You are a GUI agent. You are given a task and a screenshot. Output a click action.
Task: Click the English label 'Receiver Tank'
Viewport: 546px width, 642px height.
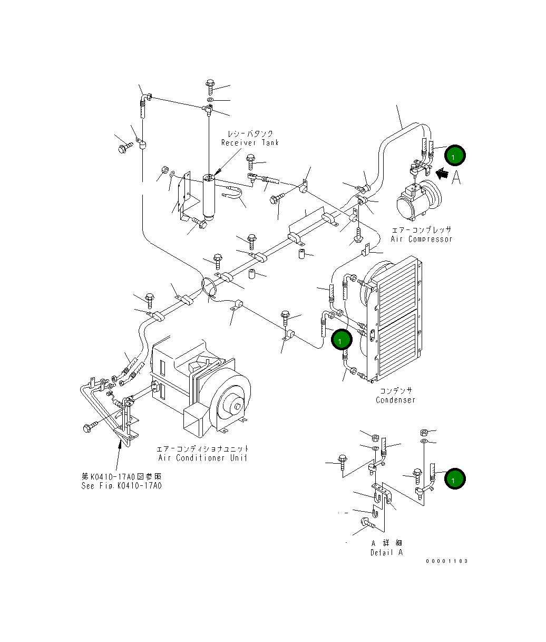click(250, 143)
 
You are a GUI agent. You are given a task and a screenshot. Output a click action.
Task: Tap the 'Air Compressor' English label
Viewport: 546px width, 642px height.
click(421, 239)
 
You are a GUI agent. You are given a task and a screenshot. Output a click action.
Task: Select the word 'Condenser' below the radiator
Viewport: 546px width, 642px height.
click(395, 400)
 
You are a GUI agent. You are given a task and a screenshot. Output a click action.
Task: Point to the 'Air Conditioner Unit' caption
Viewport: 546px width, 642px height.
click(203, 458)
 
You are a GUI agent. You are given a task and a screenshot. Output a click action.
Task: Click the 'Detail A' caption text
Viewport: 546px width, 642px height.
click(386, 552)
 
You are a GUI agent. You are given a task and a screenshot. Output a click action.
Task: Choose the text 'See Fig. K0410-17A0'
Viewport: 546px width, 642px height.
click(121, 486)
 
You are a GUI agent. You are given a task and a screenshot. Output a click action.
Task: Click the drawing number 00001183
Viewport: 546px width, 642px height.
click(447, 561)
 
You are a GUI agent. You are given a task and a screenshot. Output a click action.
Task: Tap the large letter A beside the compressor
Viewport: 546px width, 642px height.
click(456, 177)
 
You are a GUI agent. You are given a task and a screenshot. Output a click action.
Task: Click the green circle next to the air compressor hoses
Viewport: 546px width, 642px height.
click(455, 155)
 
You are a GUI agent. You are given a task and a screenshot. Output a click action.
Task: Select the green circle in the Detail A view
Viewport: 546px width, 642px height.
click(455, 479)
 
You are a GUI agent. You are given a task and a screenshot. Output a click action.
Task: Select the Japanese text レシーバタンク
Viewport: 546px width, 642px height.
click(250, 134)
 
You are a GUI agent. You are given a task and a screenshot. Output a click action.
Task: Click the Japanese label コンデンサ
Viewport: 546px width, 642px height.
click(395, 390)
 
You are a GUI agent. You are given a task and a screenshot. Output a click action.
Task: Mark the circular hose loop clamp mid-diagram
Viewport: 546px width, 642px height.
click(209, 286)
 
